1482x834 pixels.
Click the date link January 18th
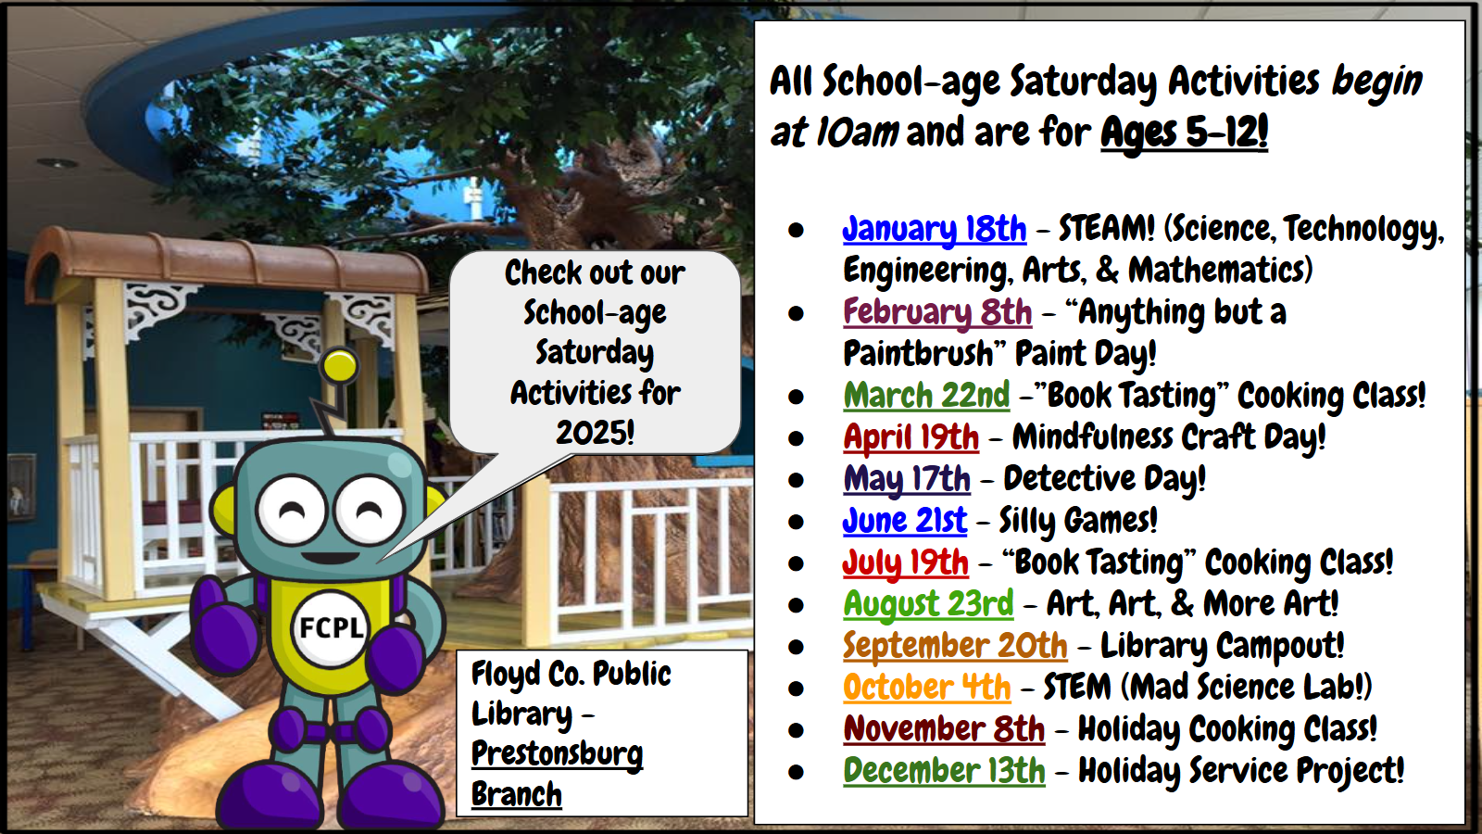(x=935, y=230)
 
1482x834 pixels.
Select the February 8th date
(x=937, y=312)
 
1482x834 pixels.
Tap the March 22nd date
(x=926, y=396)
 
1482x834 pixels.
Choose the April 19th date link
(x=911, y=437)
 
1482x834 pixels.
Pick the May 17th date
(x=907, y=479)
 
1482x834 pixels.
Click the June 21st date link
(x=904, y=521)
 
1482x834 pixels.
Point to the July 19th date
(x=905, y=562)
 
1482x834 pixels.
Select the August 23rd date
(x=928, y=604)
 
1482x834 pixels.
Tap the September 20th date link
(x=955, y=646)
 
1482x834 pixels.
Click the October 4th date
(x=927, y=688)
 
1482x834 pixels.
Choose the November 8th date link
(x=944, y=729)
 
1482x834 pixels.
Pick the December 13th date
(x=944, y=771)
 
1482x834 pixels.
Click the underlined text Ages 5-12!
(x=1185, y=133)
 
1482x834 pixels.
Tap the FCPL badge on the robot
(x=331, y=627)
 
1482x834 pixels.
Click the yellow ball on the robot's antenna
(x=339, y=365)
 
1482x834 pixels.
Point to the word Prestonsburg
(x=557, y=755)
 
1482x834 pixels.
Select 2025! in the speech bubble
(x=595, y=433)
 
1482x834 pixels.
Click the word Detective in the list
(x=1069, y=478)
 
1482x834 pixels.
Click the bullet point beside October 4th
(x=796, y=689)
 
